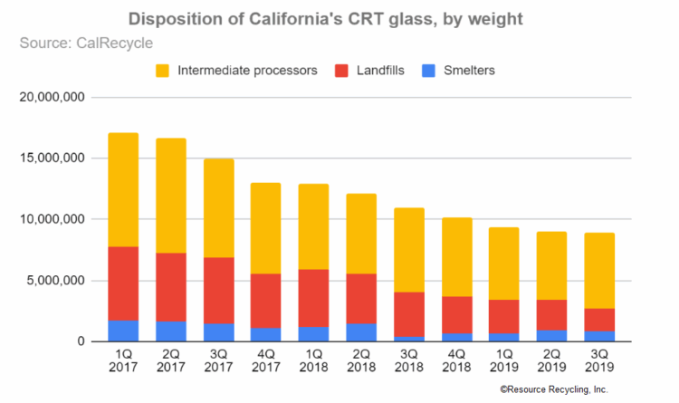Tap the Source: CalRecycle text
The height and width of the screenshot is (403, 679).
[x=88, y=42]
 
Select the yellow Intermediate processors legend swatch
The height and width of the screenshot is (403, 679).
[x=164, y=71]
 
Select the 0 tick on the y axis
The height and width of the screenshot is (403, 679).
[x=81, y=341]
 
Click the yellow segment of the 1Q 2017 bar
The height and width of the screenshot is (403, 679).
[x=123, y=190]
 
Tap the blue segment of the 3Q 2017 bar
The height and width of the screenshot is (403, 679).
[x=218, y=332]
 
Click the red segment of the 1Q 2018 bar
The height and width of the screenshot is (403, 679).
[x=313, y=298]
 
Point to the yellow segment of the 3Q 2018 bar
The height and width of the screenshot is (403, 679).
[x=408, y=250]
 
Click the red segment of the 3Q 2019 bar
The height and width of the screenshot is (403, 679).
[x=598, y=320]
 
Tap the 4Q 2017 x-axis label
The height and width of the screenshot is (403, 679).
[x=265, y=360]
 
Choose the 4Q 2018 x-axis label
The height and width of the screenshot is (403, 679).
[x=455, y=360]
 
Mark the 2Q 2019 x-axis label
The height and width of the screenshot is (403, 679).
[x=550, y=360]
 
